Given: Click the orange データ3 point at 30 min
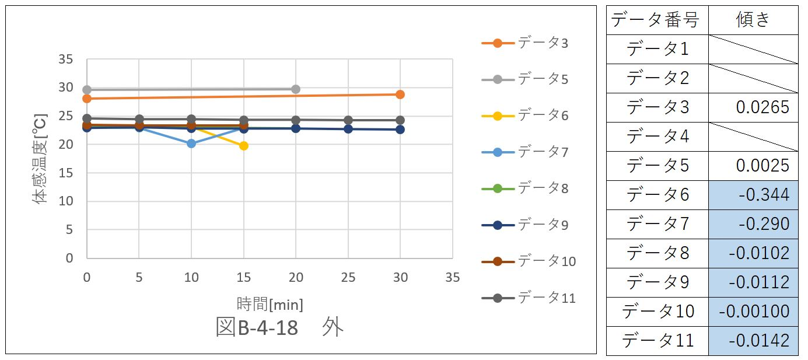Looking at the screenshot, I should coord(400,95).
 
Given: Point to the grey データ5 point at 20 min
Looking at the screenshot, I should coord(295,89).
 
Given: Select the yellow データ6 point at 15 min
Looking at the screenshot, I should coord(243,146).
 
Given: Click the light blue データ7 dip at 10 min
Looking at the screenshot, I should coord(191,144).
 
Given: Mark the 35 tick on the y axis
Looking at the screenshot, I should coord(66,60).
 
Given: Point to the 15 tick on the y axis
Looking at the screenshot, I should coord(66,173).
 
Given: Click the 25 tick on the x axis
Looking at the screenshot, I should coord(348,278).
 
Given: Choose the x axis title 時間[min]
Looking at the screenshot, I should coord(270,303).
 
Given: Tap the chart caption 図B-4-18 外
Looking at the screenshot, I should coord(279,327).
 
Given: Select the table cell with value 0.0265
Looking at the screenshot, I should coord(753,107).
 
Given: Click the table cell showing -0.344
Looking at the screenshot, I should coord(753,195).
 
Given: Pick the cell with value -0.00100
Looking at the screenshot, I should coord(753,312).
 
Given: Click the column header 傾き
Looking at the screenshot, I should coord(753,20).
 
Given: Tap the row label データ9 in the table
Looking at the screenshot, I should coord(657,282).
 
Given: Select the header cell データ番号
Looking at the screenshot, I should coord(657,20).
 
